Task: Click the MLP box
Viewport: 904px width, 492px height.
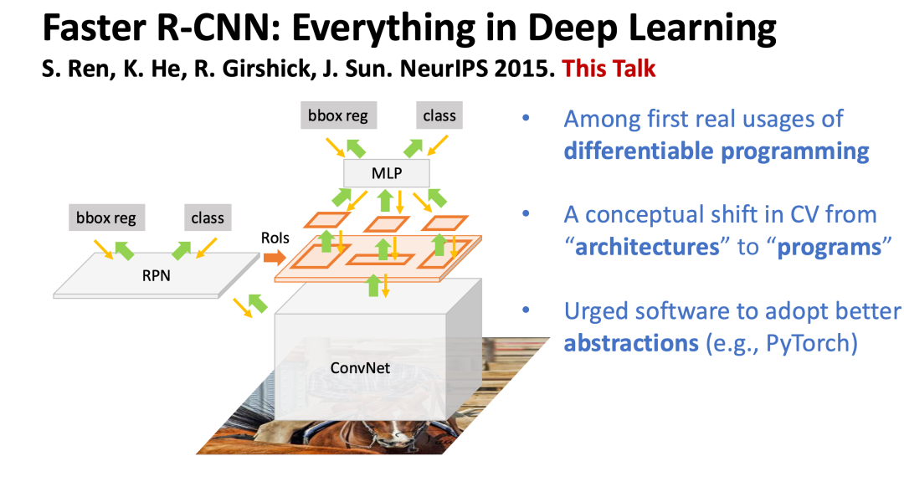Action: (387, 173)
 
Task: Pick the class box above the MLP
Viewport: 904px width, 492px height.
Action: (439, 115)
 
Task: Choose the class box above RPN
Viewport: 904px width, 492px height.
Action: (208, 218)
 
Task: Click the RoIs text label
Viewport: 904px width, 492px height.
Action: (275, 238)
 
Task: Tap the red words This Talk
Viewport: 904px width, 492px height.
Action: (609, 69)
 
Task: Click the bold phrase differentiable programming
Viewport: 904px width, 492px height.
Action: (717, 151)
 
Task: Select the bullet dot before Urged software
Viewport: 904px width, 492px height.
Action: (526, 310)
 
